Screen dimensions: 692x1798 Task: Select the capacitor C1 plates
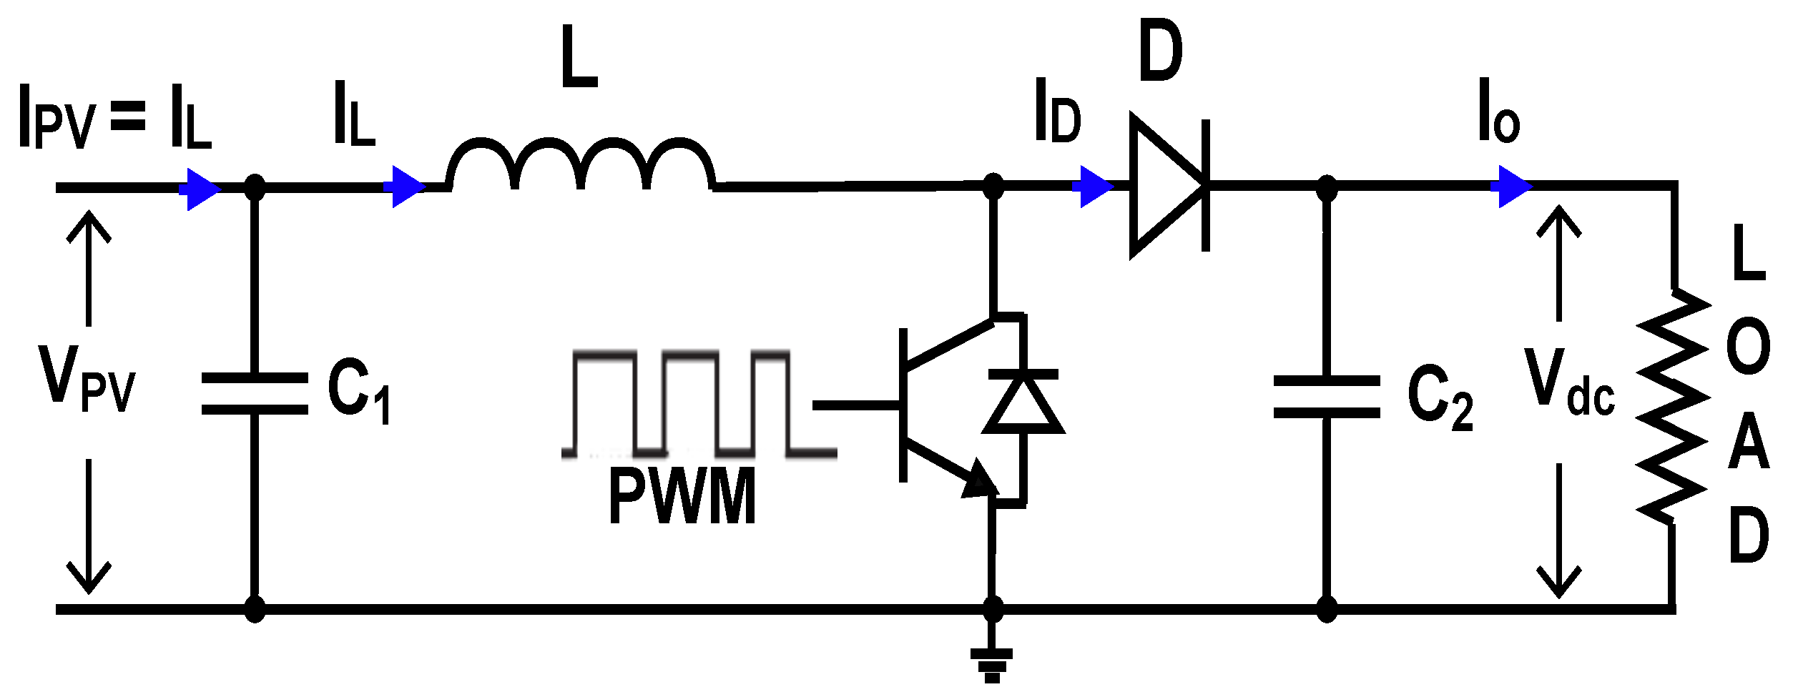[255, 393]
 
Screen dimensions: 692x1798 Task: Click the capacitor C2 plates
[1327, 397]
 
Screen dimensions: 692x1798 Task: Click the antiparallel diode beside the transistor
[1023, 404]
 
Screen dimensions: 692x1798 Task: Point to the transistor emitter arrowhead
[980, 481]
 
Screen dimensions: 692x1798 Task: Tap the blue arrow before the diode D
[1095, 187]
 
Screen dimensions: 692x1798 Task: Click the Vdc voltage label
[1570, 382]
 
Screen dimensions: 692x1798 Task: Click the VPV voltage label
[86, 379]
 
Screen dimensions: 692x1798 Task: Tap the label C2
[1440, 397]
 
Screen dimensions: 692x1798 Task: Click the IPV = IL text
[114, 118]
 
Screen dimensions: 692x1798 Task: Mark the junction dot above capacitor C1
[255, 188]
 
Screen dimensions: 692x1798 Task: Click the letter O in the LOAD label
[1748, 347]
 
